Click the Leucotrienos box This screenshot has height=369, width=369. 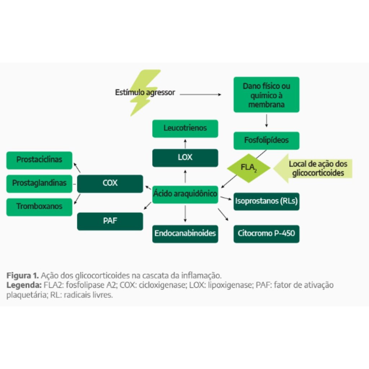[185, 128]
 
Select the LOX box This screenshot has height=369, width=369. [185, 158]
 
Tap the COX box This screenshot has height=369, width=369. [110, 183]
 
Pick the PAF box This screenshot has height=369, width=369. [110, 221]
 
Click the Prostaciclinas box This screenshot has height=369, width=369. [39, 160]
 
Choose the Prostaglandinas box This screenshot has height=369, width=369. [39, 183]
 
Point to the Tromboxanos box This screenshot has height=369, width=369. [39, 207]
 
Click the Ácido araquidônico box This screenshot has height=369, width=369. [185, 194]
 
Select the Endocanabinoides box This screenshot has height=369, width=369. [185, 234]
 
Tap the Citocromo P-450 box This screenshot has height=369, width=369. [266, 234]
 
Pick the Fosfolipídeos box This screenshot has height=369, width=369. [266, 141]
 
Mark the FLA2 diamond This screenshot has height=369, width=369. [249, 168]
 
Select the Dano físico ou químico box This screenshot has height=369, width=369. [266, 95]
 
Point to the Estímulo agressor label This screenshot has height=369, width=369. [145, 93]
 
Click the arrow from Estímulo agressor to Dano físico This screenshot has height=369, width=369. [200, 94]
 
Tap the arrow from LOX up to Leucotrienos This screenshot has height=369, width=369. [185, 143]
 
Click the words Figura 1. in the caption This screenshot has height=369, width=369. [22, 276]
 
